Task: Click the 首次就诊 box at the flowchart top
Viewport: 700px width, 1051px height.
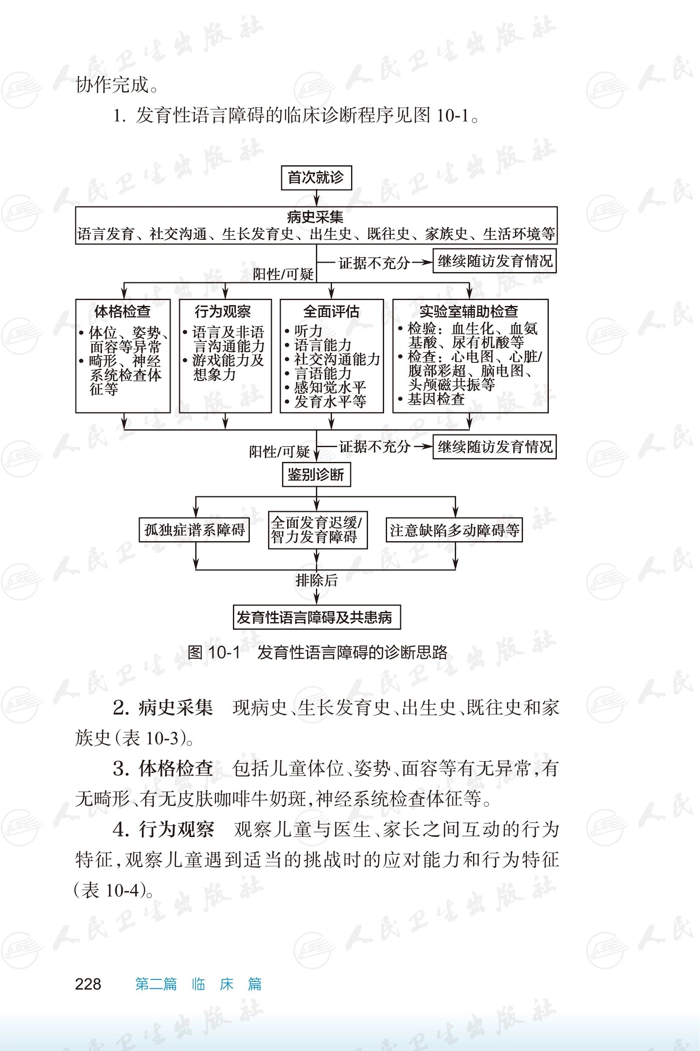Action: pos(316,178)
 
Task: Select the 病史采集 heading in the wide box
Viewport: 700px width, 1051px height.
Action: pos(315,217)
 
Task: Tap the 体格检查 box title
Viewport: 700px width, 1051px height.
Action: pos(122,311)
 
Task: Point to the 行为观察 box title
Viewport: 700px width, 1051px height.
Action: pos(223,311)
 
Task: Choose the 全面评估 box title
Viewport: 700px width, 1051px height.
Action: pos(331,311)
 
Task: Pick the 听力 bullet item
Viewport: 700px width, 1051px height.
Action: pos(308,331)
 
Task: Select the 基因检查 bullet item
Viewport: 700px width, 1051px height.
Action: pos(436,399)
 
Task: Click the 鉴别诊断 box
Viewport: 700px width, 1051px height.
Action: pos(316,474)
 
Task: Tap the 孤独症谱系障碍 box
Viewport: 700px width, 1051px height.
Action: pos(194,530)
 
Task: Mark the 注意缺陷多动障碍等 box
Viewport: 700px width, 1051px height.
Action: pos(454,530)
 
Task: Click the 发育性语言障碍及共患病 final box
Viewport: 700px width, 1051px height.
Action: pos(316,617)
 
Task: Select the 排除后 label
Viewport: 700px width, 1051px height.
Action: pos(316,580)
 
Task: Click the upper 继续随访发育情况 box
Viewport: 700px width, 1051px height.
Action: pos(495,261)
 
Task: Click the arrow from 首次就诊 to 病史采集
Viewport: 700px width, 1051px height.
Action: pos(316,197)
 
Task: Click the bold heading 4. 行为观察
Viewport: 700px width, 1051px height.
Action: pos(163,829)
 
